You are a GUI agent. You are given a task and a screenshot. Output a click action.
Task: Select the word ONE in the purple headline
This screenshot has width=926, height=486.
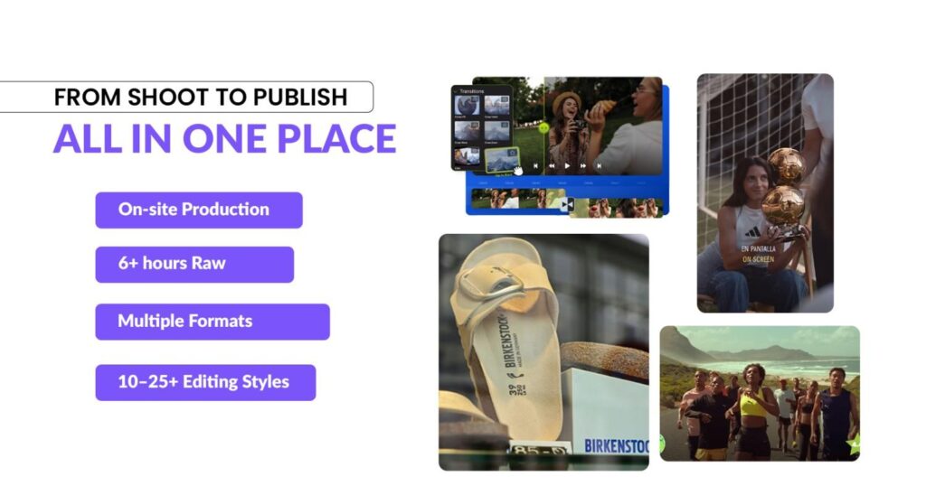click(x=226, y=138)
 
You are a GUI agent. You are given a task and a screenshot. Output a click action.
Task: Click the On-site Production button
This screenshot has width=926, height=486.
click(x=198, y=210)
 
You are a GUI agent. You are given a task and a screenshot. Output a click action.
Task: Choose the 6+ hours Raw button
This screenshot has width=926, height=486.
click(x=194, y=264)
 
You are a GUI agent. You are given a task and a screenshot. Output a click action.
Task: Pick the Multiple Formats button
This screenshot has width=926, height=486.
click(x=212, y=321)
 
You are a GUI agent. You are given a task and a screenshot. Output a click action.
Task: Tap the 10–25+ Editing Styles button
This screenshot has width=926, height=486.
click(x=205, y=381)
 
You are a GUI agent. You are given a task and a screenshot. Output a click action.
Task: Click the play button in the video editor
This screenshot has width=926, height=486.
click(x=567, y=165)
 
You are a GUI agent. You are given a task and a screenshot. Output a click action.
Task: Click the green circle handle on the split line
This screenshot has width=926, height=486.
click(x=543, y=128)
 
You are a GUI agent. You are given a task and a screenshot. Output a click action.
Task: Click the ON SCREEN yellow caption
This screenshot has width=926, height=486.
click(x=758, y=259)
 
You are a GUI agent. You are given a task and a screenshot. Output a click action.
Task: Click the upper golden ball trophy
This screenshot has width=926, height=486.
click(x=786, y=166)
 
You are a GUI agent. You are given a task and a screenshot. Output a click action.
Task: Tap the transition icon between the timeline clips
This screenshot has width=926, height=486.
click(x=567, y=205)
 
